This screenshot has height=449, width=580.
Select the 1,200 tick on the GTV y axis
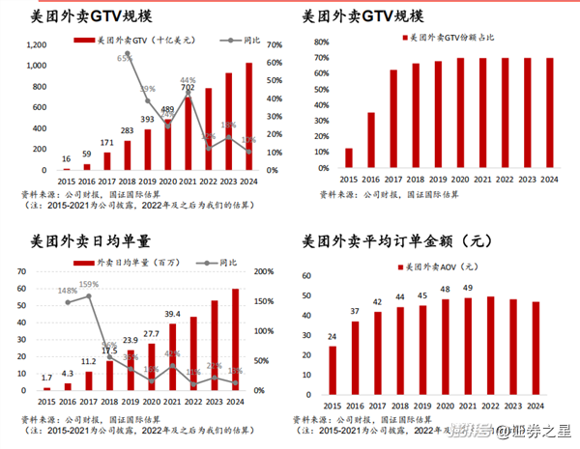(x=35, y=44)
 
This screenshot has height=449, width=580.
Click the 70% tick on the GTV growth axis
(x=274, y=44)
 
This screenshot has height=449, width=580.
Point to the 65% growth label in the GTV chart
(x=126, y=58)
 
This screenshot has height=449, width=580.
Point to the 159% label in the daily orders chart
(x=89, y=284)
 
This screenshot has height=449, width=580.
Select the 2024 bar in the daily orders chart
(x=235, y=339)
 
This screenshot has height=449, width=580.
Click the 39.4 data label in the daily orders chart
(x=172, y=314)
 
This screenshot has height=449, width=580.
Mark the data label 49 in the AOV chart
(x=467, y=288)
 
